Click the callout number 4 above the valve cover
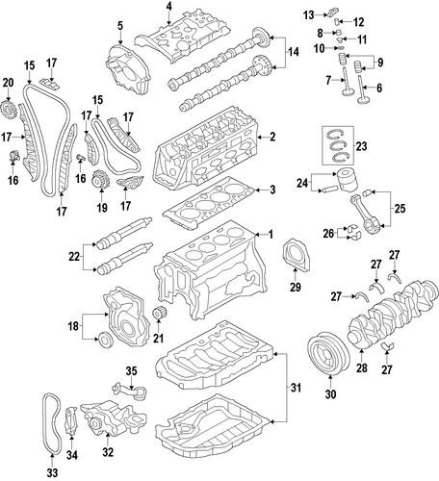tap(168, 7)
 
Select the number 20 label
tap(9, 83)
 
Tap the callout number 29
tap(296, 287)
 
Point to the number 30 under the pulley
tap(330, 393)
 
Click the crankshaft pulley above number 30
tap(327, 353)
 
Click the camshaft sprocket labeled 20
tap(10, 110)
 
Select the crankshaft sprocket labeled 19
tap(100, 181)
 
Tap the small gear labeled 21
tap(158, 314)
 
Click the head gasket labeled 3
tap(209, 203)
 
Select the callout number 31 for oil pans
tap(296, 388)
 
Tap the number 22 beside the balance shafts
tap(74, 257)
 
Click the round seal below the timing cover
tap(105, 340)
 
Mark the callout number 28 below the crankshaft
tap(361, 367)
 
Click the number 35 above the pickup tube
tap(131, 371)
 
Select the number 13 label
tap(309, 14)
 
